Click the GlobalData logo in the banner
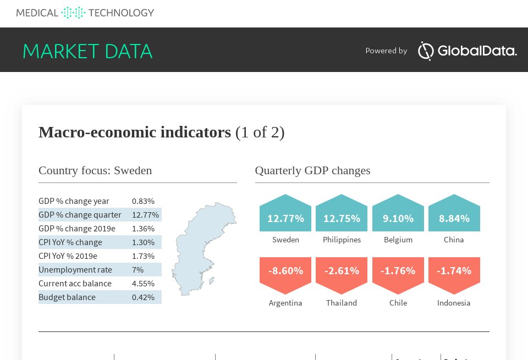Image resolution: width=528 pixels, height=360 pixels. click(x=468, y=51)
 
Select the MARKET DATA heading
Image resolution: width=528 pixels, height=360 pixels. click(x=87, y=51)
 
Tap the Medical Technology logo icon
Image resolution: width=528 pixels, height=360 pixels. click(x=73, y=13)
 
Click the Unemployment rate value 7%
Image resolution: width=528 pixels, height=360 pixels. click(x=137, y=270)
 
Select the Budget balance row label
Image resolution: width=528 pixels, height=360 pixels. click(x=67, y=297)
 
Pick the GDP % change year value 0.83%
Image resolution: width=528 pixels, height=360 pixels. click(x=143, y=201)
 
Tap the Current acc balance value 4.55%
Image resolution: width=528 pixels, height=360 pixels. click(x=143, y=284)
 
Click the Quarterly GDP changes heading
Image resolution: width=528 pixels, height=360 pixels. click(x=313, y=170)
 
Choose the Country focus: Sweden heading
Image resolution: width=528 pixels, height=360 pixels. click(x=95, y=170)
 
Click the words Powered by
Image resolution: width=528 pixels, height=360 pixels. click(x=386, y=51)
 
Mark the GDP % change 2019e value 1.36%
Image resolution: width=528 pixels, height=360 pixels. click(x=143, y=229)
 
